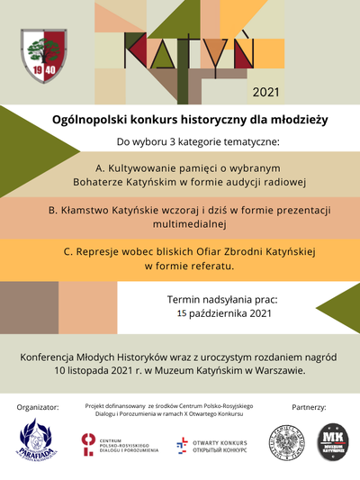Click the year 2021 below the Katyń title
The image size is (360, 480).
pyautogui.click(x=266, y=92)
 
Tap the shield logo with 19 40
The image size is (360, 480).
pyautogui.click(x=43, y=53)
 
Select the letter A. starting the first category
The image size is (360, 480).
pyautogui.click(x=100, y=168)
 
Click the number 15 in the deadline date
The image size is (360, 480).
pyautogui.click(x=182, y=313)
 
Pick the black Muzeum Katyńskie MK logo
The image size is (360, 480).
pyautogui.click(x=330, y=442)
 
